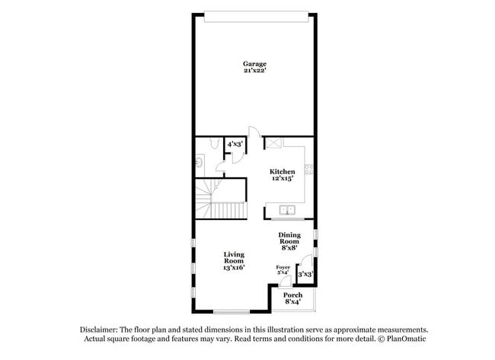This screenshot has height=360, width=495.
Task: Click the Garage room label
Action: point(254,63)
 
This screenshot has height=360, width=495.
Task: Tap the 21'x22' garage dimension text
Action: point(254,70)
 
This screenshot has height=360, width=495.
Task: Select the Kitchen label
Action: point(283,172)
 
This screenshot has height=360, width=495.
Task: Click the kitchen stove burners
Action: point(309,169)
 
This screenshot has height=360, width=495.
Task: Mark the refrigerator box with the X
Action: point(273,143)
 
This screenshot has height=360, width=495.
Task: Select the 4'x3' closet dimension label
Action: point(234,143)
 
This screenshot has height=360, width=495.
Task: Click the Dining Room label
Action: point(289,239)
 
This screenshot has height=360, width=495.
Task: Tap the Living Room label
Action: point(233,258)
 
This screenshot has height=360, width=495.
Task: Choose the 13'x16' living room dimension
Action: point(233,269)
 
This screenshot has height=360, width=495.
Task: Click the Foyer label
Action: point(283,267)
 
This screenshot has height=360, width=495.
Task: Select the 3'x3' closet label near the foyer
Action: point(305,274)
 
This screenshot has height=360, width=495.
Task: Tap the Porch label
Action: point(293,295)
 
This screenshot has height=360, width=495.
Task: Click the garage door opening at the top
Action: point(254,12)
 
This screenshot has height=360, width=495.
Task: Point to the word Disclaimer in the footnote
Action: point(102,329)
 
